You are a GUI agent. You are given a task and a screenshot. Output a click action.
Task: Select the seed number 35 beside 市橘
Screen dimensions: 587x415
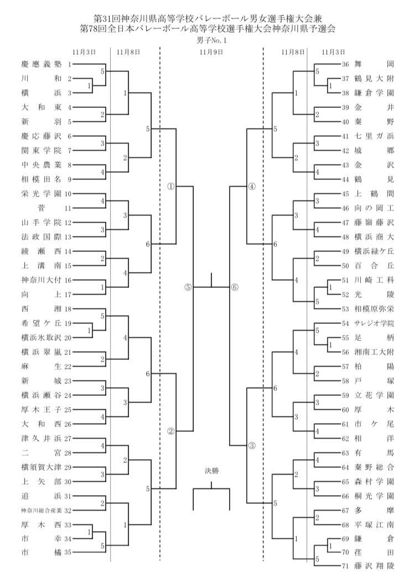point(69,552)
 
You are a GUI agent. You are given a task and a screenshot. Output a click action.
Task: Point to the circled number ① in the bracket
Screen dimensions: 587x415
point(171,186)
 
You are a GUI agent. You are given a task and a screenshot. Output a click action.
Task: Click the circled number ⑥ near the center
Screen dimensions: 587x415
point(234,287)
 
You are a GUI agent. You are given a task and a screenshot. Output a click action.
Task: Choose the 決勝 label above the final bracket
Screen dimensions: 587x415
point(211,471)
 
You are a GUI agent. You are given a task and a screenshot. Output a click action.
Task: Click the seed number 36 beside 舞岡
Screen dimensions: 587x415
point(346,64)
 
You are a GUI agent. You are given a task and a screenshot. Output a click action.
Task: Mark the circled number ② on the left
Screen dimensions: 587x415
point(171,431)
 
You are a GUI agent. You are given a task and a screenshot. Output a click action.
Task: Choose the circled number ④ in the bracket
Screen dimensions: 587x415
point(251,186)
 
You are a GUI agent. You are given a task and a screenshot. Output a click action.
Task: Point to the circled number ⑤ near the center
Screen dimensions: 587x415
point(188,287)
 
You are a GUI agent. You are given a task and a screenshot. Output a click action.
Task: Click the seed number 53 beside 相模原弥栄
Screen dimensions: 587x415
point(346,308)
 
